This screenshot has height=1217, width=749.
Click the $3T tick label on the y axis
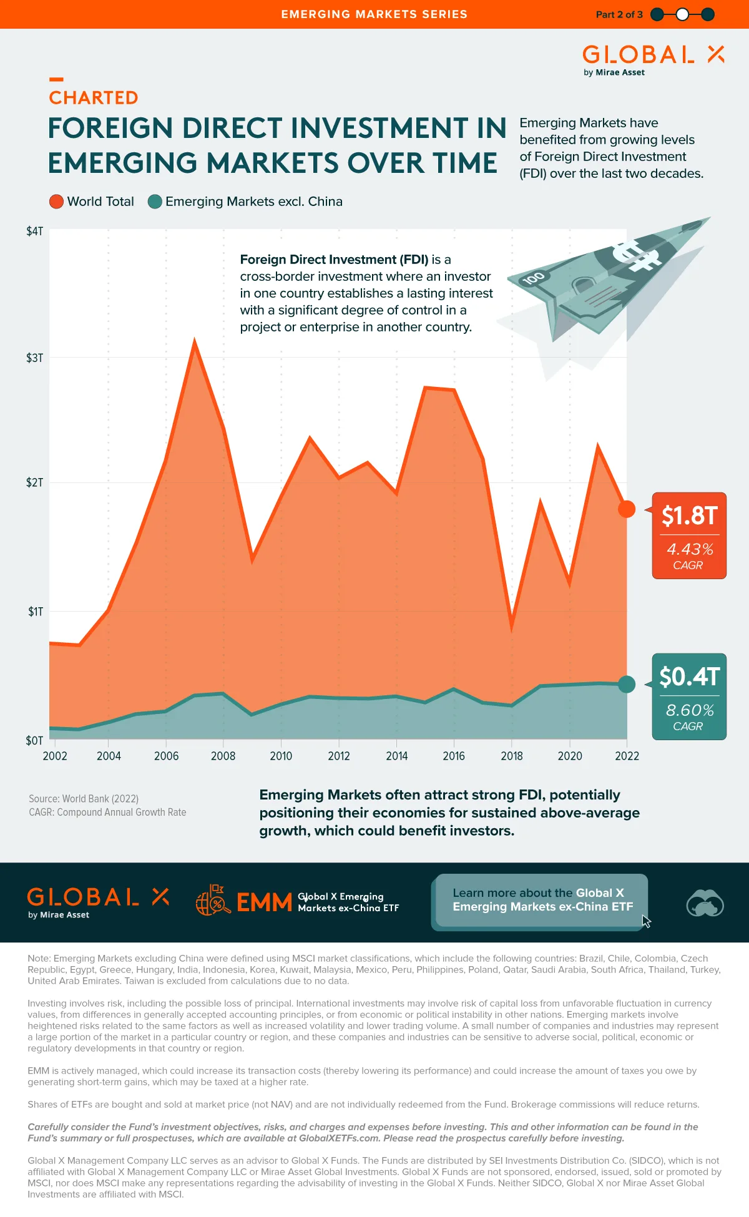coord(34,358)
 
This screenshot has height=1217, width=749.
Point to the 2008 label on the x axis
coord(223,756)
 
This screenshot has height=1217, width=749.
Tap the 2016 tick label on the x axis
coord(454,756)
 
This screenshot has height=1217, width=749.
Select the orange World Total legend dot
coord(56,202)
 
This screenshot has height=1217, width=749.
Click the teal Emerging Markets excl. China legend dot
coord(155,202)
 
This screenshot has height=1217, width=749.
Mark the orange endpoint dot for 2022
coord(627,509)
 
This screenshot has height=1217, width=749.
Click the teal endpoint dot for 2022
coord(627,684)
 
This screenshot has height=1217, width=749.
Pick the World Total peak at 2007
coord(195,342)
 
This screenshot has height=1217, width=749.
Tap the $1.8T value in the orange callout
coord(689,516)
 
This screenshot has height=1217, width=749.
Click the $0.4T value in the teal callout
coord(689,677)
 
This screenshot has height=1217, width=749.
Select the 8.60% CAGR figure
coord(689,710)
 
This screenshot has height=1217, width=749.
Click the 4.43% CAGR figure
coord(689,549)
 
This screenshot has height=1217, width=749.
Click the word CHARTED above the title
coord(94,98)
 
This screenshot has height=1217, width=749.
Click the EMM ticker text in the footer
coord(264,902)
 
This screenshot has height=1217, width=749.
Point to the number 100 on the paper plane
coord(534,278)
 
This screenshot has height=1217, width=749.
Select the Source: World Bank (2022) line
coord(84,799)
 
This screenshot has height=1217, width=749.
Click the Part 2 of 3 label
coord(619,14)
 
